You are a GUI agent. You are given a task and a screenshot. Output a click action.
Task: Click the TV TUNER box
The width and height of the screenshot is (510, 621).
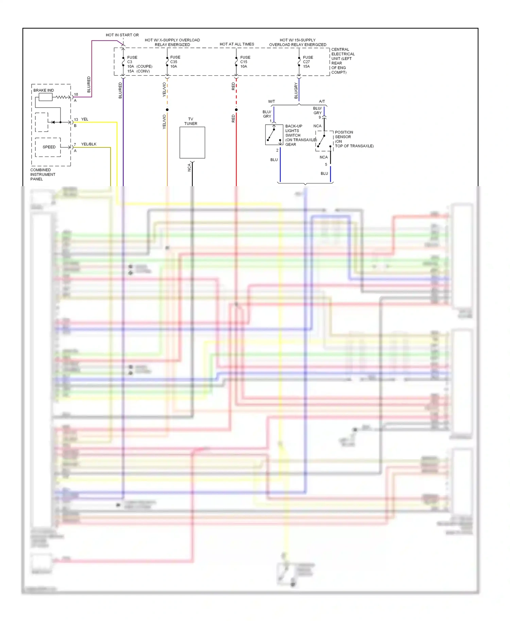[x=192, y=142]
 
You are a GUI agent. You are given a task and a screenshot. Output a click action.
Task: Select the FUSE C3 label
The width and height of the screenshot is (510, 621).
[x=132, y=59]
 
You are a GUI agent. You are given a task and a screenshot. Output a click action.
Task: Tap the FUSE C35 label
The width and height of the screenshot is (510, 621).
[x=175, y=59]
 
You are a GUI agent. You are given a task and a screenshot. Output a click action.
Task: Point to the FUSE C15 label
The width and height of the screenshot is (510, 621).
[x=245, y=59]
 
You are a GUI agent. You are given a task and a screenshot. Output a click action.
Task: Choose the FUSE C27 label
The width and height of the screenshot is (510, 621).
[x=308, y=59]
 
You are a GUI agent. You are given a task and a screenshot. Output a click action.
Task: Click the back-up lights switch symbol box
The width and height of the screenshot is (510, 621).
[x=274, y=135]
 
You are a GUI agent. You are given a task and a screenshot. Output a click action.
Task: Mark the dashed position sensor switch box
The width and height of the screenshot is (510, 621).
[x=324, y=141]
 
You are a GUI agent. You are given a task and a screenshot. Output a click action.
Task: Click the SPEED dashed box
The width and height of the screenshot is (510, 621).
[x=48, y=147]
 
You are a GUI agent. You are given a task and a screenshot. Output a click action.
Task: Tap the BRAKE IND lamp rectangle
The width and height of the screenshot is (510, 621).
[x=46, y=97]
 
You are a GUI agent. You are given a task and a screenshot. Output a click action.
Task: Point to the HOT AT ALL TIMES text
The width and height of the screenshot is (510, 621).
[x=237, y=44]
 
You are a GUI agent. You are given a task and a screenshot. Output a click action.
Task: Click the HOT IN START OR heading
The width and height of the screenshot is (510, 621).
[x=122, y=35]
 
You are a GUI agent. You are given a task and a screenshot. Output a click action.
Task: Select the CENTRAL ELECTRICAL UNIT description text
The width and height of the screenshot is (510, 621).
[x=343, y=61]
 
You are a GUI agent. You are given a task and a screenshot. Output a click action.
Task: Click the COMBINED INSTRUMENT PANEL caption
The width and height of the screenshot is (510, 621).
[x=42, y=174]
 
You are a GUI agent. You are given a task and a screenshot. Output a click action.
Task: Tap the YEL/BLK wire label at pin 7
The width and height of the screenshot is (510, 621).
[x=89, y=144]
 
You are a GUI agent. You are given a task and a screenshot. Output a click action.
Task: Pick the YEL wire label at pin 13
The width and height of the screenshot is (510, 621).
[x=85, y=119]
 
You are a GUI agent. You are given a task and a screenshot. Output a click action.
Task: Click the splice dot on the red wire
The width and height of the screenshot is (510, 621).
[x=236, y=110]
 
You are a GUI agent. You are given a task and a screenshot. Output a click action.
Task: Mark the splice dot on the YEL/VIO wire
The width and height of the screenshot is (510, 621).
[x=167, y=110]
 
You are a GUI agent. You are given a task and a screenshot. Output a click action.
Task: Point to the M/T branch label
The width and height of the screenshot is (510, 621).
[x=271, y=101]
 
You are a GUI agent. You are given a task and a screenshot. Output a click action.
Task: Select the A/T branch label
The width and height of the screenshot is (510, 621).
[x=322, y=101]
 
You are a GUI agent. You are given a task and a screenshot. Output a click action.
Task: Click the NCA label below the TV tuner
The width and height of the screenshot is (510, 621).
[x=189, y=167]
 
